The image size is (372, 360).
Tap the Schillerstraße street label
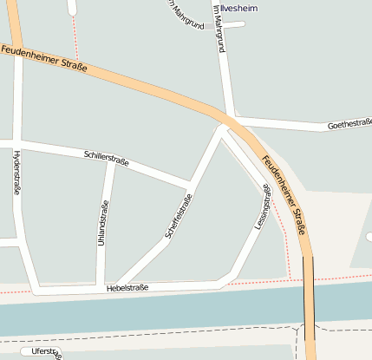pos(107,158)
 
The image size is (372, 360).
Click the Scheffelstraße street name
pos(178,215)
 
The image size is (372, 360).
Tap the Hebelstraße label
pos(127,287)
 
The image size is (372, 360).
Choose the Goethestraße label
pos(349,126)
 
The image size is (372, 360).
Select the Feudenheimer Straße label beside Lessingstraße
pos(284,194)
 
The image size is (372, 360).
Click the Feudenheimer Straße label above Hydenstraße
pos(43,60)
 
